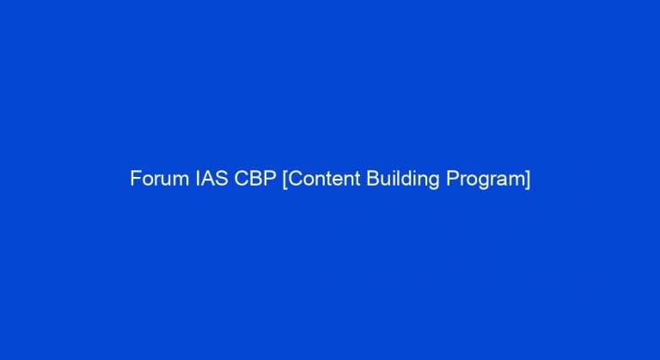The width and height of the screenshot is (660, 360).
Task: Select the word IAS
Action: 207,180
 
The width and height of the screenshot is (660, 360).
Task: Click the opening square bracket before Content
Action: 285,180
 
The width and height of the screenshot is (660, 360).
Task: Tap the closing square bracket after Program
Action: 527,180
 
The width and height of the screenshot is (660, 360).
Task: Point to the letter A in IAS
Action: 207,180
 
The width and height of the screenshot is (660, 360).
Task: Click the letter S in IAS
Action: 220,180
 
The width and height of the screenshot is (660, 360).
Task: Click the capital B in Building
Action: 368,180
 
